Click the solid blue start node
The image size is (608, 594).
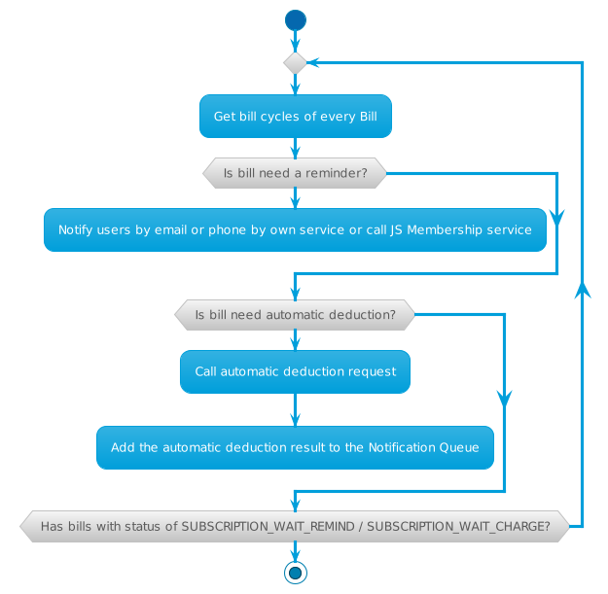coord(295,19)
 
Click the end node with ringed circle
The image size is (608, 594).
coord(295,573)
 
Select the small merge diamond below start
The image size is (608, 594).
coord(295,62)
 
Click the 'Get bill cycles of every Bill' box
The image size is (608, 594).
coord(295,117)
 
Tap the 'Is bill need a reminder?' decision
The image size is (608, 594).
coord(295,174)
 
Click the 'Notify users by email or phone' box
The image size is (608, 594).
coord(295,230)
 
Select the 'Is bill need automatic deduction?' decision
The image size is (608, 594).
coord(295,315)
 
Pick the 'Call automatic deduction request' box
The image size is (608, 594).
coord(295,371)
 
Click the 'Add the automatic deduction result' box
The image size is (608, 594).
coord(295,448)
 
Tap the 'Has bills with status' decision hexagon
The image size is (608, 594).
coord(295,527)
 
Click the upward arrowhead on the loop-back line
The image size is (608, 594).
coord(582,289)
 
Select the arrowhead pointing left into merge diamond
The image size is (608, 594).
coord(313,62)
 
